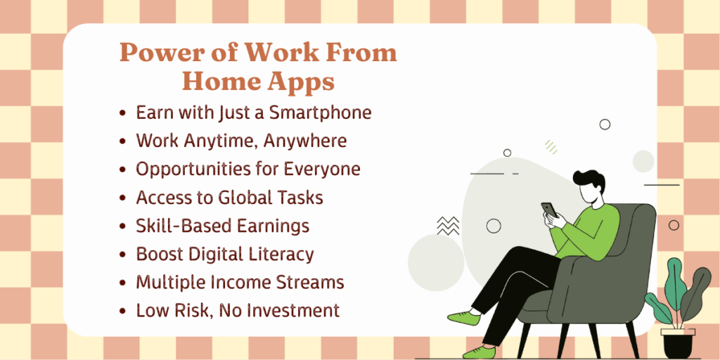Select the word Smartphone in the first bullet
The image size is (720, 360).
click(320, 113)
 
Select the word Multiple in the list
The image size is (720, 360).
click(172, 283)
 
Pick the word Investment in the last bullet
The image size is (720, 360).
click(295, 311)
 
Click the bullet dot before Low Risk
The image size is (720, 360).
click(122, 311)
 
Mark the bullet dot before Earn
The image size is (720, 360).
click(122, 113)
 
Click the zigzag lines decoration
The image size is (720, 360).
click(448, 226)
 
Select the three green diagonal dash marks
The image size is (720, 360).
click(551, 147)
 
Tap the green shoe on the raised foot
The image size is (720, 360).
click(464, 317)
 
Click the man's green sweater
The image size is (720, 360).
click(586, 231)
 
